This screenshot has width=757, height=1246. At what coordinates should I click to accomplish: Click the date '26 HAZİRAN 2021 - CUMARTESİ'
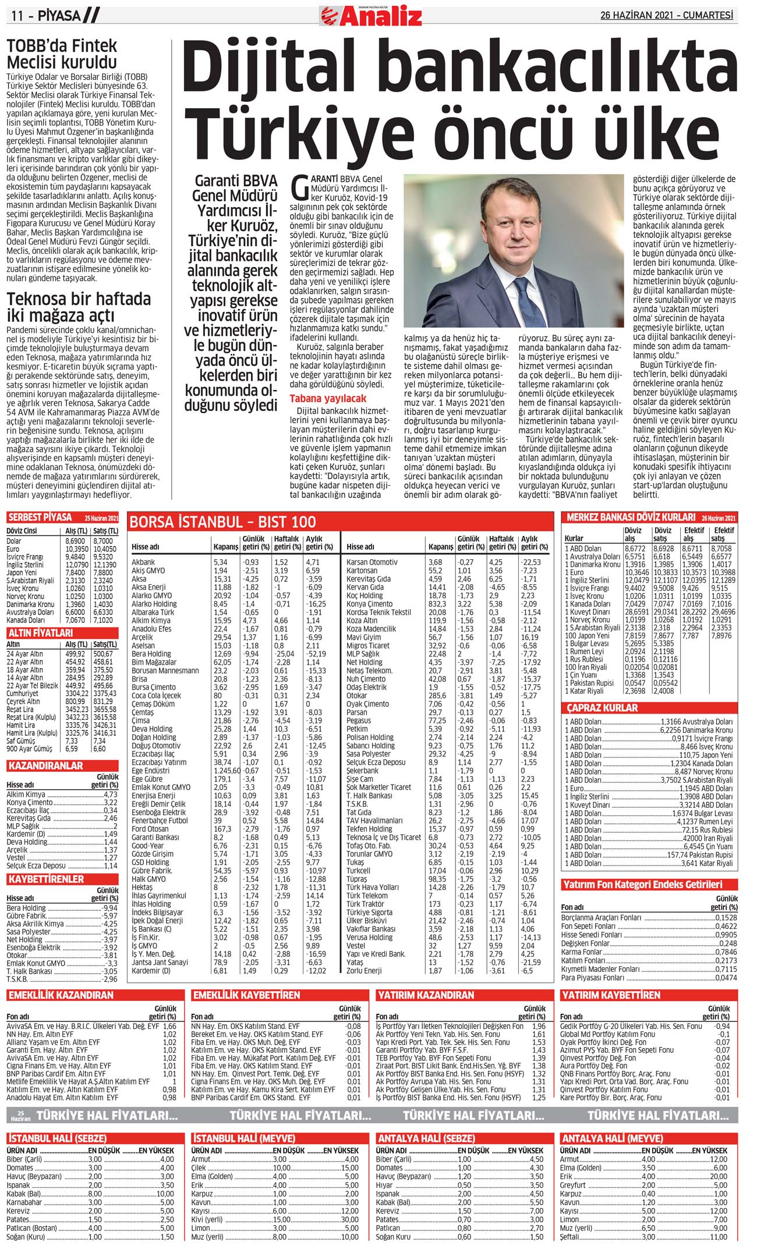click(667, 16)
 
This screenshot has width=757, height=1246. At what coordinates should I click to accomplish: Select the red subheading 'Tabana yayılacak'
click(328, 399)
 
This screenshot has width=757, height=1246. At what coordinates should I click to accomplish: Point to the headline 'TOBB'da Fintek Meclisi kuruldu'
click(62, 54)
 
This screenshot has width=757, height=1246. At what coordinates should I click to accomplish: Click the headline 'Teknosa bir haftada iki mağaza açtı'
click(79, 307)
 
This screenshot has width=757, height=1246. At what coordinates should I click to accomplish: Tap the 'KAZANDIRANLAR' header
click(45, 766)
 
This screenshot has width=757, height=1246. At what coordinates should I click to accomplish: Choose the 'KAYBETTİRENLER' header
click(46, 879)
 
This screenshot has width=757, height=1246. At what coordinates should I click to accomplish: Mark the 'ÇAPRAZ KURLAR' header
click(602, 708)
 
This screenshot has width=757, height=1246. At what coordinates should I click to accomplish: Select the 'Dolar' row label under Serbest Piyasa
click(14, 541)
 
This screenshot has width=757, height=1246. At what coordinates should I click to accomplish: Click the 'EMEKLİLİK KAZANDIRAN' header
click(61, 995)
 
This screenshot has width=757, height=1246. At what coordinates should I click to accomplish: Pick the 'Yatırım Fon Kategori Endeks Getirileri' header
click(642, 885)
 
